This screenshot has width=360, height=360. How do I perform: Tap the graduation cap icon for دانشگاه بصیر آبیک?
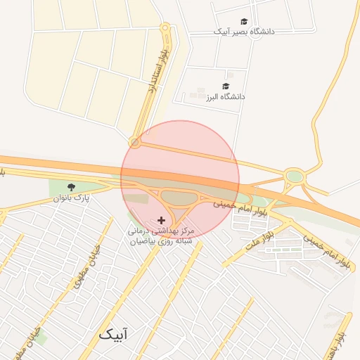point(244,22)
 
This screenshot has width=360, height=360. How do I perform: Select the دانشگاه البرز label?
point(225,96)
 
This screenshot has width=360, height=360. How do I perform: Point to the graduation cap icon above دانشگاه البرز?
point(226,86)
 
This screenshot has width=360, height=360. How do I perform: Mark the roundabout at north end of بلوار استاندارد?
point(165,29)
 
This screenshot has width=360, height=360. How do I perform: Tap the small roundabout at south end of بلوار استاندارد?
point(135,143)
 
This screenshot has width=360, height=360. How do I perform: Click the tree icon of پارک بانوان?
point(71,187)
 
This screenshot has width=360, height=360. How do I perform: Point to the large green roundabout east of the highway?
point(294,176)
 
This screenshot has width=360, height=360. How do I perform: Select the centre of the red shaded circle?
point(180,179)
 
